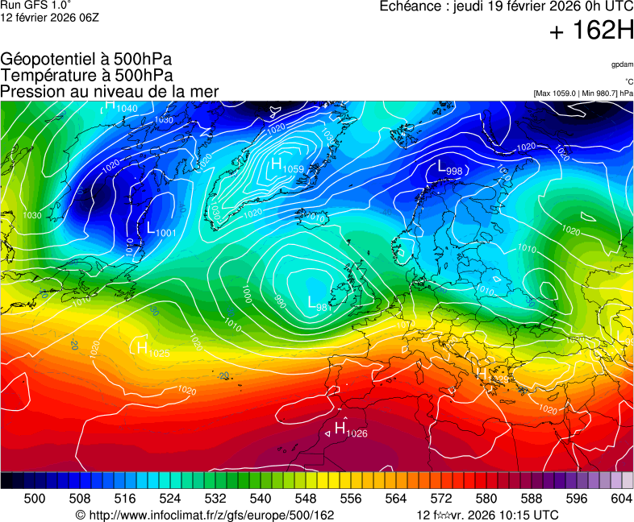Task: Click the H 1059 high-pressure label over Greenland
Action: pyautogui.click(x=287, y=166)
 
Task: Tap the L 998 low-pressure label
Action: pyautogui.click(x=449, y=168)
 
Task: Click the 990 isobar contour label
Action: pyautogui.click(x=280, y=301)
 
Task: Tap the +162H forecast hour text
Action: pyautogui.click(x=591, y=32)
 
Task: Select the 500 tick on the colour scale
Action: pyautogui.click(x=34, y=499)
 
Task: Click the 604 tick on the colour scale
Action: pyautogui.click(x=621, y=499)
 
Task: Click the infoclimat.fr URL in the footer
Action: pyautogui.click(x=205, y=515)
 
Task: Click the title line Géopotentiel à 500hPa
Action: pyautogui.click(x=86, y=60)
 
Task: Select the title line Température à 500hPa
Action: pyautogui.click(x=86, y=75)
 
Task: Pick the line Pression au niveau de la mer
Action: pyautogui.click(x=110, y=91)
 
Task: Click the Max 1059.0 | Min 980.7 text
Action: pyautogui.click(x=582, y=93)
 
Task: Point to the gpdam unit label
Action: pyautogui.click(x=621, y=64)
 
